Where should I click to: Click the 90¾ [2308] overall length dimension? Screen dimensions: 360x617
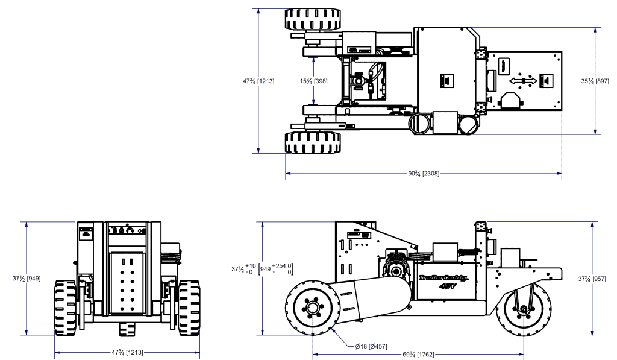click(423, 174)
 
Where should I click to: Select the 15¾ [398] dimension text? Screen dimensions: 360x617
click(314, 81)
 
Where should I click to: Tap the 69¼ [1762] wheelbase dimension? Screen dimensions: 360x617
click(417, 353)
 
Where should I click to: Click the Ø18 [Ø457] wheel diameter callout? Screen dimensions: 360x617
click(371, 346)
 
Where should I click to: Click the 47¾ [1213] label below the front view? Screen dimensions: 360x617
click(127, 352)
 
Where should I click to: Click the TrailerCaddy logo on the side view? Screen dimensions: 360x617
click(443, 279)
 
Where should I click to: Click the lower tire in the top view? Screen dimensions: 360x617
click(313, 143)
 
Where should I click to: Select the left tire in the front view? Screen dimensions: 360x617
click(65, 308)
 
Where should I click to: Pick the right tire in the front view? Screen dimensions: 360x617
click(189, 308)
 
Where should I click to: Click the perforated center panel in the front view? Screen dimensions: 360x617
click(127, 282)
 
